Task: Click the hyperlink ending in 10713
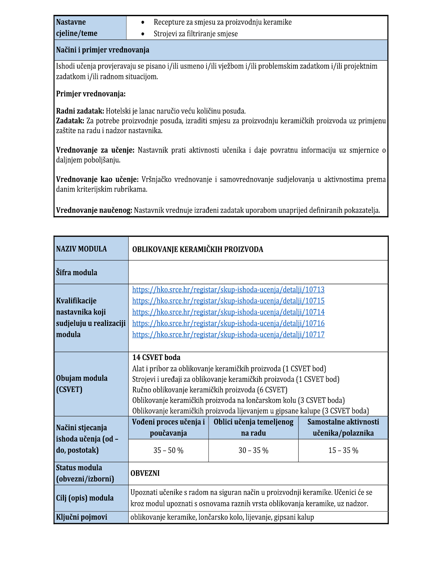point(228,290)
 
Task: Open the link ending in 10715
point(228,301)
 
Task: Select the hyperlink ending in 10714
point(228,312)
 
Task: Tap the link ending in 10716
point(228,323)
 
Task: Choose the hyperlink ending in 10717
point(228,334)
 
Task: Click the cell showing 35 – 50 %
point(168,450)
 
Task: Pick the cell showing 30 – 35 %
point(253,450)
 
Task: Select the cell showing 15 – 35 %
point(343,450)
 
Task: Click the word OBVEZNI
point(145,473)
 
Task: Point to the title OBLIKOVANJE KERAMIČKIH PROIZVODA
point(198,249)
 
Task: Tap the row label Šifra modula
point(77,272)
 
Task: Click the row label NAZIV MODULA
point(82,249)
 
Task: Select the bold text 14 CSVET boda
point(156,357)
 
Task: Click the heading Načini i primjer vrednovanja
point(103,50)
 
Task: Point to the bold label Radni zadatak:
point(80,111)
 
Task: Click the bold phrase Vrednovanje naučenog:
point(94,210)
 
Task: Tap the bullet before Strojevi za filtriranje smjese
point(143,34)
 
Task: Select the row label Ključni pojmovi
point(82,517)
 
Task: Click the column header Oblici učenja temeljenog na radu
point(253,427)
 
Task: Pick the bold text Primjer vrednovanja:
point(91,94)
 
